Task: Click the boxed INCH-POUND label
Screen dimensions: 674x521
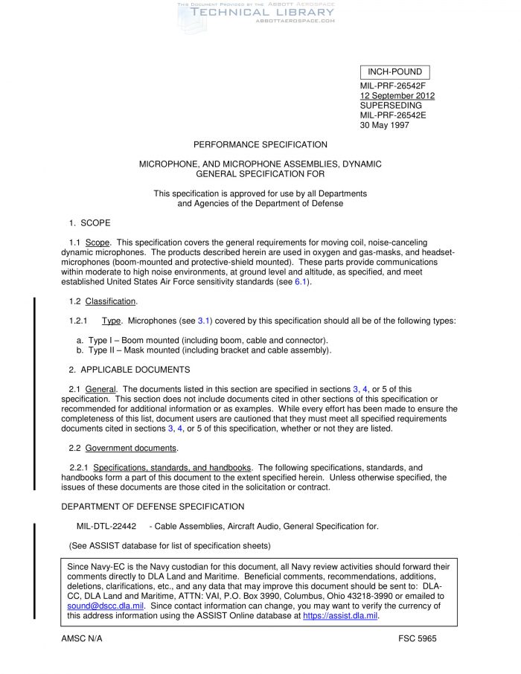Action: (x=394, y=72)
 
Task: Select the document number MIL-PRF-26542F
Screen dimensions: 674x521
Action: (x=393, y=86)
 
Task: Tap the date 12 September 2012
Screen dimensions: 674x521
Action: (x=397, y=95)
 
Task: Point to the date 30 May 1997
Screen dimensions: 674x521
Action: (x=384, y=125)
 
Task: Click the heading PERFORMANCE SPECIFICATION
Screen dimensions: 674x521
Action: (x=260, y=144)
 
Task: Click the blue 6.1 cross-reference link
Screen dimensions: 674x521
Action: (x=301, y=282)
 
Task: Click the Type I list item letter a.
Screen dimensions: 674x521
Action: (x=80, y=340)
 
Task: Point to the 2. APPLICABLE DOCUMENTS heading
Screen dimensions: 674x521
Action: (x=130, y=370)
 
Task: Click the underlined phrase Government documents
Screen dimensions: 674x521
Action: (x=131, y=448)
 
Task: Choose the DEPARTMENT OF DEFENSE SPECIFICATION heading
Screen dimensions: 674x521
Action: (x=153, y=507)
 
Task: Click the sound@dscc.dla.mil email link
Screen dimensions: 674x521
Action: (x=100, y=606)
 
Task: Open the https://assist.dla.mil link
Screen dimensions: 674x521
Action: (x=341, y=616)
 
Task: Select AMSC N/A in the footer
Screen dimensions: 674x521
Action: (x=82, y=639)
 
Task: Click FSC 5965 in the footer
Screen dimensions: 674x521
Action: (x=418, y=639)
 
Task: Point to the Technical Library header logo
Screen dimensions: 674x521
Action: (x=257, y=15)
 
